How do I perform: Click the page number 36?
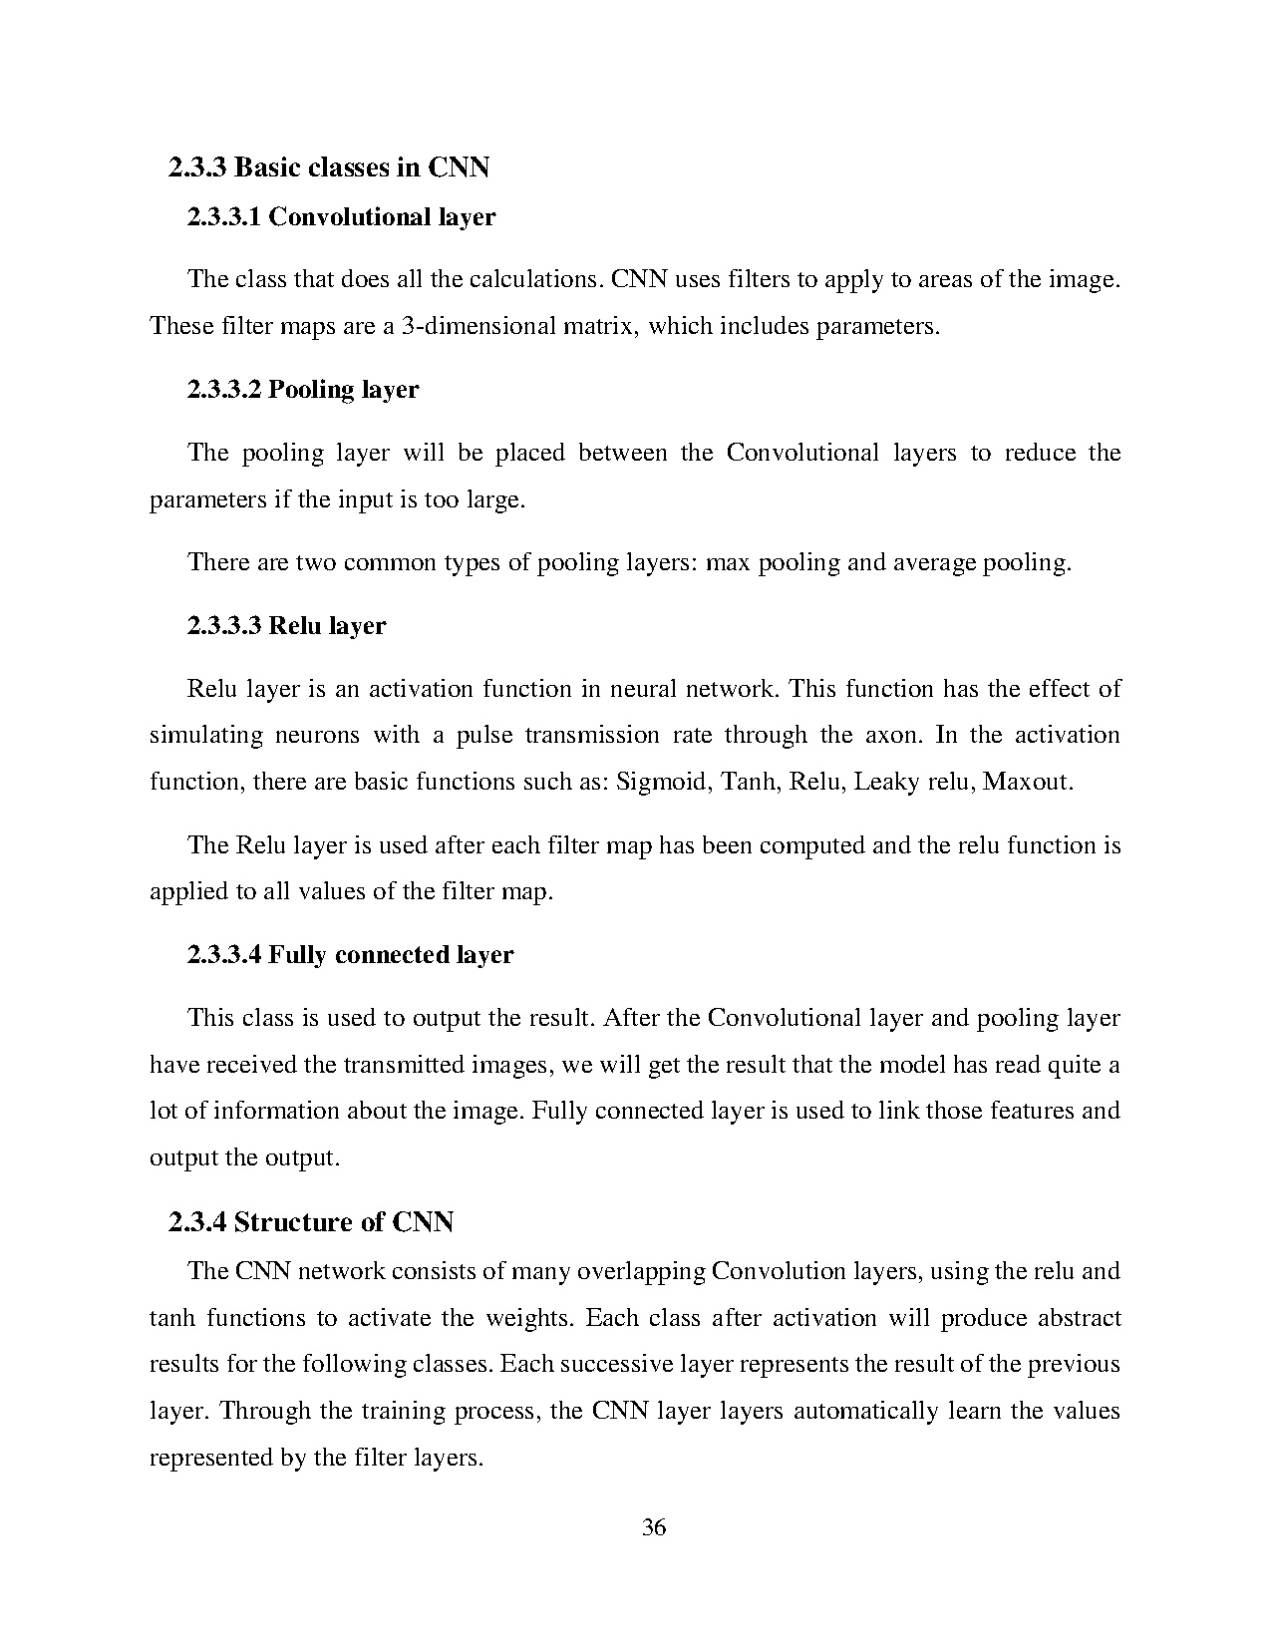pyautogui.click(x=654, y=1526)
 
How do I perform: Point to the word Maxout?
pyautogui.click(x=1027, y=782)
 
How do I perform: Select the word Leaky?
pyautogui.click(x=886, y=782)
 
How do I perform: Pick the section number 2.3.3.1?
pyautogui.click(x=223, y=216)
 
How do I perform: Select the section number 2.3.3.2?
pyautogui.click(x=223, y=389)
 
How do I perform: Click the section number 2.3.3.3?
pyautogui.click(x=223, y=625)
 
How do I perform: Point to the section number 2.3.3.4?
pyautogui.click(x=223, y=954)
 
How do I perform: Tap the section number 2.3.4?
pyautogui.click(x=198, y=1221)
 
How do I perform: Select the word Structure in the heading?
pyautogui.click(x=295, y=1221)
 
